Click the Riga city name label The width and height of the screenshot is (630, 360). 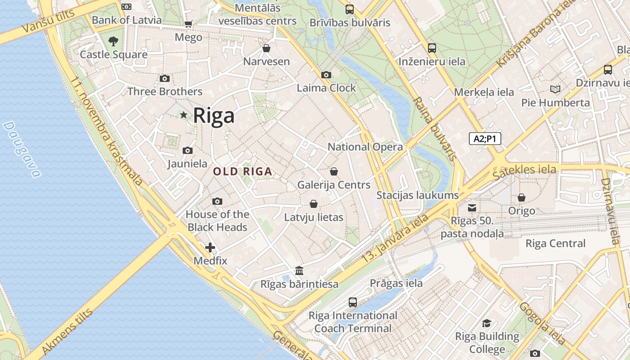[x=214, y=116]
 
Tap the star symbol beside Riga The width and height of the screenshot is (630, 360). [x=184, y=115]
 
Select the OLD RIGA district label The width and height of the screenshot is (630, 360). [x=243, y=171]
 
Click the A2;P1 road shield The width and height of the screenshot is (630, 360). [x=485, y=139]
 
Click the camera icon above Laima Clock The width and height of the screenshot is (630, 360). [x=326, y=75]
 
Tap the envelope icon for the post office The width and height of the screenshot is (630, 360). [x=472, y=207]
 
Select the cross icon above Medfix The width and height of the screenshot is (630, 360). [x=210, y=247]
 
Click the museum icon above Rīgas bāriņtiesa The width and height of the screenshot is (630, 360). [x=299, y=271]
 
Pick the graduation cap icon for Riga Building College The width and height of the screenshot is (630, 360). [x=486, y=323]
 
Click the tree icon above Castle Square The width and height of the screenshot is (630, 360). [x=113, y=41]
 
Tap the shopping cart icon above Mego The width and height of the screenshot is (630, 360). [x=188, y=24]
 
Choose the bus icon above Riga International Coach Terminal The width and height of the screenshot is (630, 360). [x=353, y=302]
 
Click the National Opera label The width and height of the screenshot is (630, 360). [x=365, y=147]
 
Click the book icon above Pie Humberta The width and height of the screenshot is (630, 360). [x=555, y=90]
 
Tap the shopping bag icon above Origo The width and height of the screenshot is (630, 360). [x=522, y=198]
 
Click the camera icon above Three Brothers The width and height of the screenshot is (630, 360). [x=165, y=79]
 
